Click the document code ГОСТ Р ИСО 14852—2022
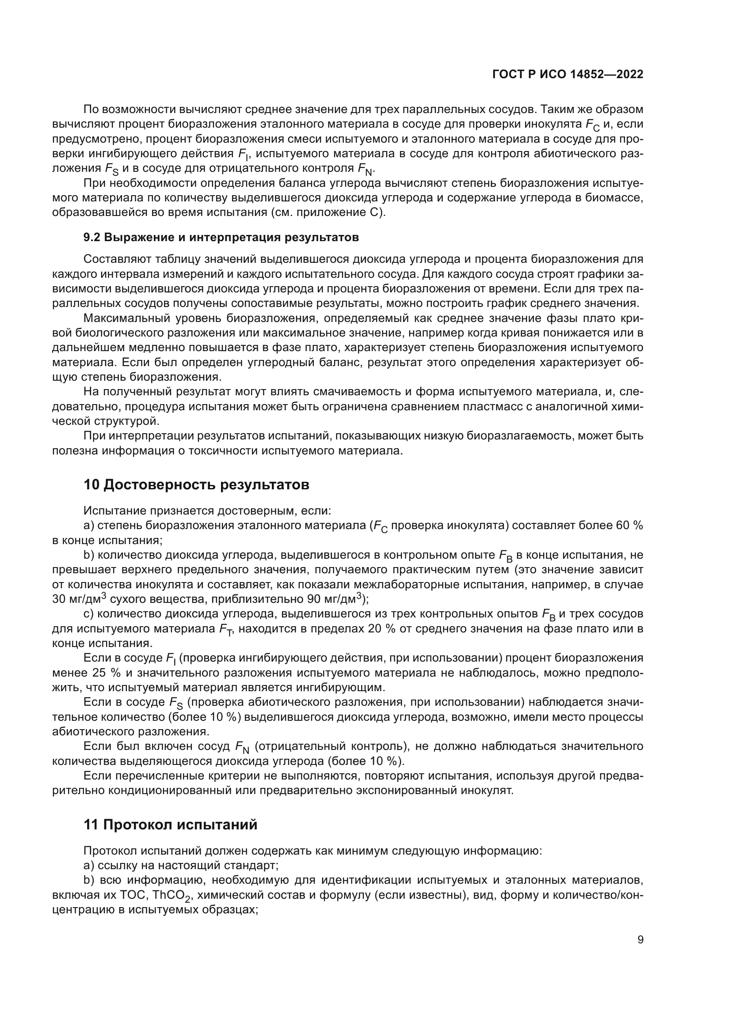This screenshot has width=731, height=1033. coord(568,74)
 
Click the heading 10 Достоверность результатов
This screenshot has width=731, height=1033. coord(197,484)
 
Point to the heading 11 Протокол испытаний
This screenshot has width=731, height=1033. coord(171,824)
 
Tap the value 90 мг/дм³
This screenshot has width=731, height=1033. coord(335,599)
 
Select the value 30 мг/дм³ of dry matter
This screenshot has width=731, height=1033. coord(79,599)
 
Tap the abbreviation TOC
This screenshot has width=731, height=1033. coord(133,895)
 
